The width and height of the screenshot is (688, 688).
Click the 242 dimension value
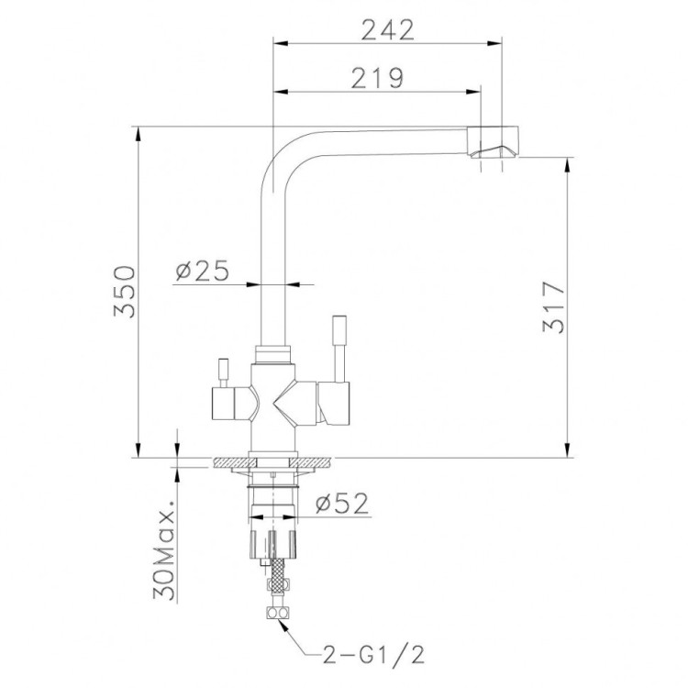387,30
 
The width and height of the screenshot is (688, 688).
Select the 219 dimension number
377,78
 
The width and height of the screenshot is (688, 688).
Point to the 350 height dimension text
125,291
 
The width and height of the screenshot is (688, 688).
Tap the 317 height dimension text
553,306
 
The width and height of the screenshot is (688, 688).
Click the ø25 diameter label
203,271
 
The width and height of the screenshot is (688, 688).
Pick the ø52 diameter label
342,504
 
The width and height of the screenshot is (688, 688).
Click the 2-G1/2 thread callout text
374,656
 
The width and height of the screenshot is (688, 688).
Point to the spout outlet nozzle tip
494,141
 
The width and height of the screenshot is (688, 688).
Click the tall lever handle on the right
339,349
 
